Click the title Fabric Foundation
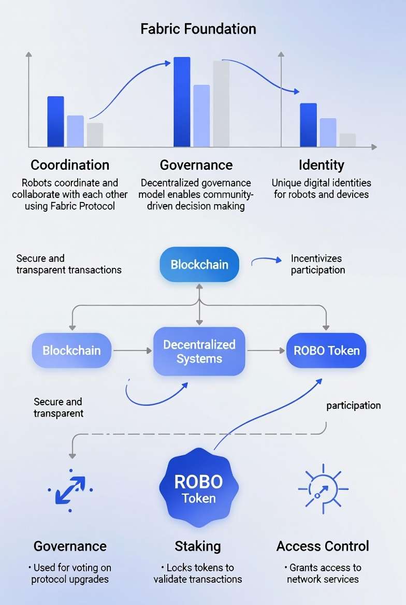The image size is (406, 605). (x=198, y=28)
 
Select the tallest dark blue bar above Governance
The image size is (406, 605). (x=182, y=102)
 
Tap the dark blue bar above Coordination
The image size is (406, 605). (x=55, y=121)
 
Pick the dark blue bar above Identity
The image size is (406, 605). (x=308, y=125)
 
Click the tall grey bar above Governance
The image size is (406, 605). (x=221, y=104)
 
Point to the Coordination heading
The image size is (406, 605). (x=70, y=165)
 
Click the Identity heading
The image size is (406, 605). (x=321, y=165)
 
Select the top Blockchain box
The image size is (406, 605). (x=199, y=265)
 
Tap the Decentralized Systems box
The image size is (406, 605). (x=199, y=352)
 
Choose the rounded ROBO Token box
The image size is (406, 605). (x=326, y=351)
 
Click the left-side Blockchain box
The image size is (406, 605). (x=71, y=351)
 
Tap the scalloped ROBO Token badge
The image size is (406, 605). (x=198, y=488)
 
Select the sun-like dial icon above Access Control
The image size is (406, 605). (x=323, y=488)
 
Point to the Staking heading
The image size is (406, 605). (x=198, y=546)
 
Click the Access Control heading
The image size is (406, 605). (x=323, y=546)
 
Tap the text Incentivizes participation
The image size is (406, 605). (x=317, y=264)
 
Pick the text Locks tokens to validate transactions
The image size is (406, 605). (x=198, y=573)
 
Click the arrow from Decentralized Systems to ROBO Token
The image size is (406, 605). (x=266, y=351)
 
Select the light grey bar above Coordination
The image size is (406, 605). (x=95, y=135)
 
